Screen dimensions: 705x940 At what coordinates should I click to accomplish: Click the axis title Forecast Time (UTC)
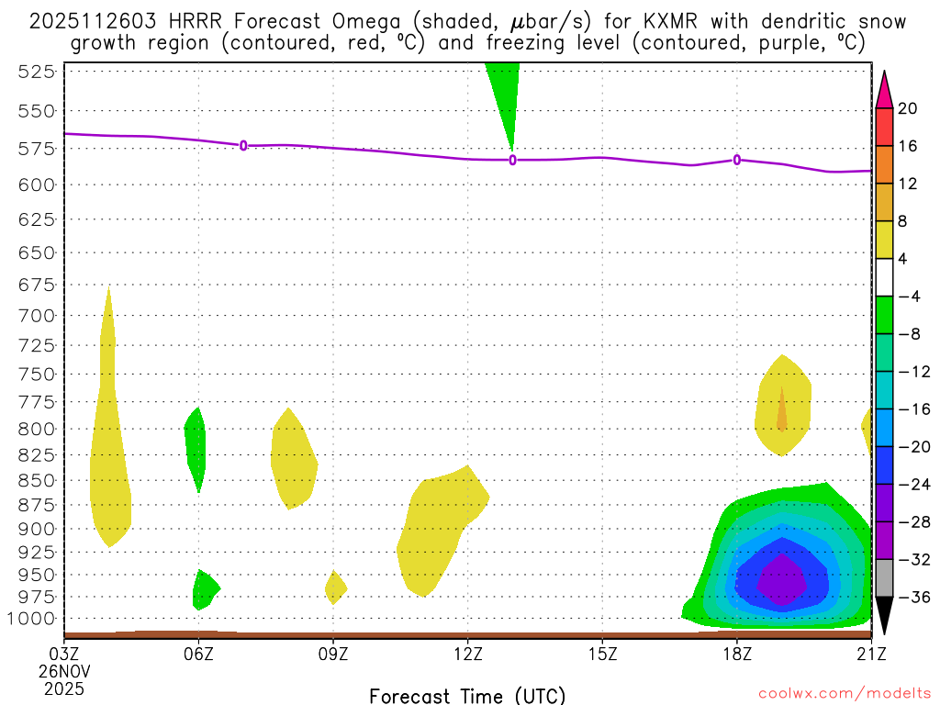point(467,695)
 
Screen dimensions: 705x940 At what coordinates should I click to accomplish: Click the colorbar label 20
point(908,109)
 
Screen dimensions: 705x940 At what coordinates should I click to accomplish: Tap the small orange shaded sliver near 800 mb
point(782,412)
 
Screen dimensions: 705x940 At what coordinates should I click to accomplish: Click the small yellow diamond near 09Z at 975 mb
point(335,587)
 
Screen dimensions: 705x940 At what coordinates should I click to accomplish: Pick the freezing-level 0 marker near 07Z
point(243,145)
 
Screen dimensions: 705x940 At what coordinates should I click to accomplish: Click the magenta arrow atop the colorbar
point(884,89)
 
